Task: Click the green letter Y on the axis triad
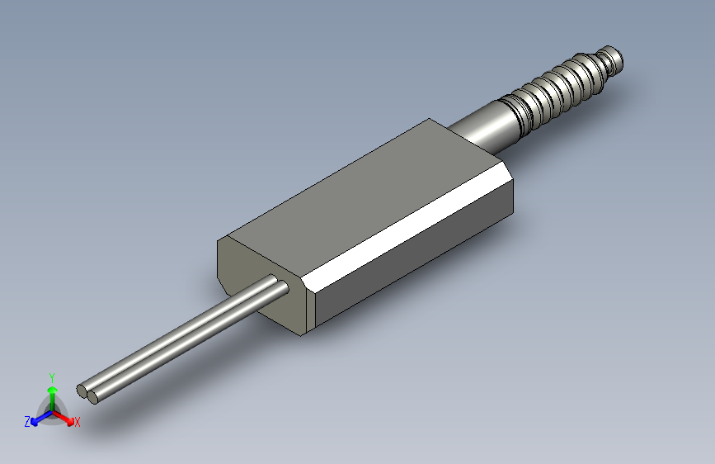(x=52, y=376)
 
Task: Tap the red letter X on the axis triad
(x=78, y=423)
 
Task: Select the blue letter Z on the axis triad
(x=27, y=421)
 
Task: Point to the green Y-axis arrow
(x=52, y=394)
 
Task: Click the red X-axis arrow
(x=66, y=417)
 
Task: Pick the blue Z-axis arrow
(x=38, y=418)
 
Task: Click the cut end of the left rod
(x=82, y=390)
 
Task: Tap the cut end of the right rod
(x=94, y=397)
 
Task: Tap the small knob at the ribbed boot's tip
(x=613, y=58)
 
